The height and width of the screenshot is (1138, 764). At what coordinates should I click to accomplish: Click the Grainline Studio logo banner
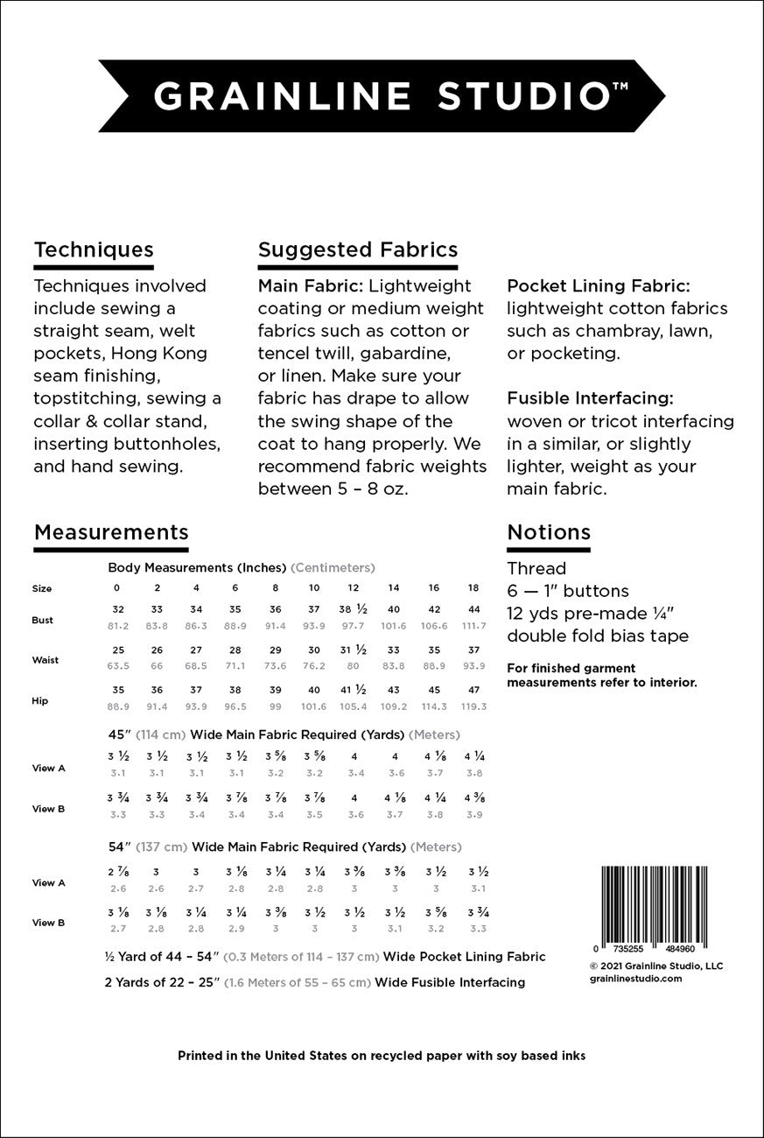point(382,96)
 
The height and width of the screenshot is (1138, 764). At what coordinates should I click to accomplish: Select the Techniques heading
point(94,250)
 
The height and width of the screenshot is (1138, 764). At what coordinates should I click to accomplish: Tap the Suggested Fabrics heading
point(357,250)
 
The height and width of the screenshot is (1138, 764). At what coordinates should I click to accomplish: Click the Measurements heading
point(111,532)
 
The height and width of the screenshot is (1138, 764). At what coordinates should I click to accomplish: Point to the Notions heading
point(549,532)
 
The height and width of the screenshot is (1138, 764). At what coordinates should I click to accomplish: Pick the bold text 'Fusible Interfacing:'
point(590,398)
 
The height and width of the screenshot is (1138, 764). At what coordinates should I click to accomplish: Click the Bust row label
point(43,620)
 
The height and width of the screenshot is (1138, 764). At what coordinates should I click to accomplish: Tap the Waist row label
point(46,660)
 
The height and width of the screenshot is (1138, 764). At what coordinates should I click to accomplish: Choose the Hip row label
point(40,701)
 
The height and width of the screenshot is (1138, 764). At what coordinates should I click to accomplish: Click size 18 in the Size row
point(473,588)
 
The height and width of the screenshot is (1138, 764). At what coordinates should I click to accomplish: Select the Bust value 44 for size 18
point(473,609)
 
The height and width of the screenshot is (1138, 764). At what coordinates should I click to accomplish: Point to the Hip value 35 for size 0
point(119,690)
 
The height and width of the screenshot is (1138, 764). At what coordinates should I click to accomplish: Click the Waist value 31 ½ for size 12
point(354,650)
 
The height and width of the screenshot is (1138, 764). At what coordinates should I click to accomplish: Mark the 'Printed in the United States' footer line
point(382,1056)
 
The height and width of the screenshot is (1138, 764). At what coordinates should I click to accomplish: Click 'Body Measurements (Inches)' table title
point(197,567)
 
